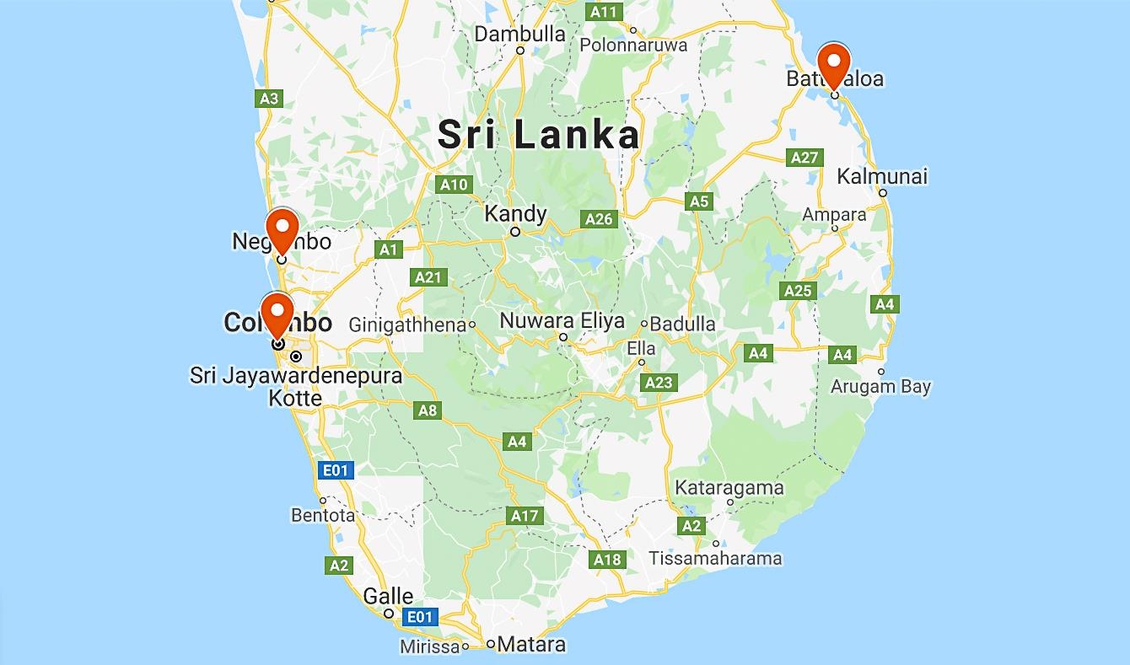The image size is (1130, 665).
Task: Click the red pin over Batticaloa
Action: [x=834, y=64]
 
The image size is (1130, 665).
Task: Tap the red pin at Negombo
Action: [x=282, y=229]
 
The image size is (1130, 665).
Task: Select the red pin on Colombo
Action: [x=277, y=314]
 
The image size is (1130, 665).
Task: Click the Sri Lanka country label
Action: [x=539, y=135]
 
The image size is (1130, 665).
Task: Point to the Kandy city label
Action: [x=515, y=214]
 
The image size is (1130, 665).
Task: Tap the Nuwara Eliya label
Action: [x=562, y=321]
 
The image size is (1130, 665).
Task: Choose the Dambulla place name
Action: [x=519, y=34]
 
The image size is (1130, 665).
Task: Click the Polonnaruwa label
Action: [x=633, y=46]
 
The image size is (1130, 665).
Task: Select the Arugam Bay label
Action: [x=880, y=387]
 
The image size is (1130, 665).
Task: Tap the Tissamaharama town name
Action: [x=715, y=558]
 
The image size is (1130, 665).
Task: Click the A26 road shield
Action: [x=599, y=219]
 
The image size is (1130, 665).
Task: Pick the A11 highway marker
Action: [x=604, y=12]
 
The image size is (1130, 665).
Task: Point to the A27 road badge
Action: [x=804, y=158]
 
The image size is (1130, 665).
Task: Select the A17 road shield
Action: [x=524, y=516]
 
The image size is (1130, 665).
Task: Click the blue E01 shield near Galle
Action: [x=419, y=617]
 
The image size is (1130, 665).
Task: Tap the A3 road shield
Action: [x=268, y=99]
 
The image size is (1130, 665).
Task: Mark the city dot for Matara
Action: [x=491, y=644]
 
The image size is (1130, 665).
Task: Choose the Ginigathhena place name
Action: [x=407, y=324]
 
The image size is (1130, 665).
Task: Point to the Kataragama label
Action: [x=729, y=487]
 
